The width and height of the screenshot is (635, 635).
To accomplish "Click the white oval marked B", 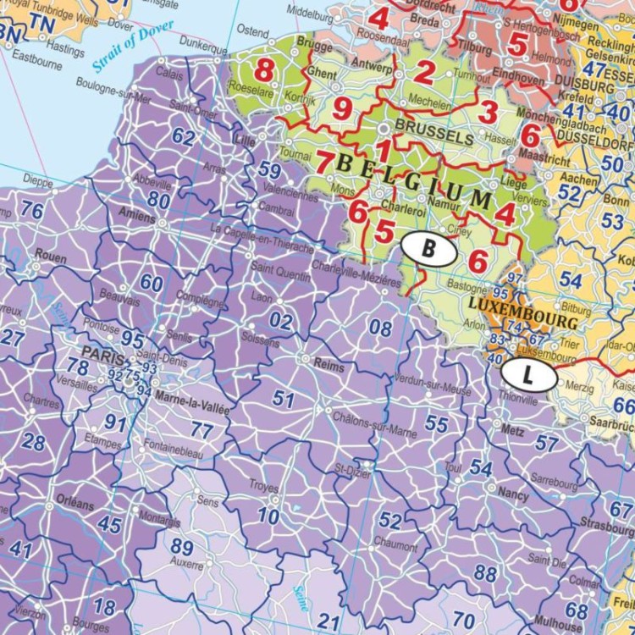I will coord(429,249).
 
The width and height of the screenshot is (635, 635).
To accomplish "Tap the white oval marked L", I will coord(529,373).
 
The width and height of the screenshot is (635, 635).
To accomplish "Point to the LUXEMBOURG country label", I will coord(522,314).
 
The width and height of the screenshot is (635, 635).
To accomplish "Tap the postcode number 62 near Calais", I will coord(183,136).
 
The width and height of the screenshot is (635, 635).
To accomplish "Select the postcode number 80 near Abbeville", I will coord(158,200).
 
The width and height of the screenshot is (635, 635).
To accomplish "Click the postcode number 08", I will coord(382,327).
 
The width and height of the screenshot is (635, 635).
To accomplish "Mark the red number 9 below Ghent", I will coord(342,108).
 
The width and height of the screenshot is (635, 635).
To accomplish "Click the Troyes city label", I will coord(264,487).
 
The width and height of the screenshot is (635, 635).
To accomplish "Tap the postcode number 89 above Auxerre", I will coord(181,547).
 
